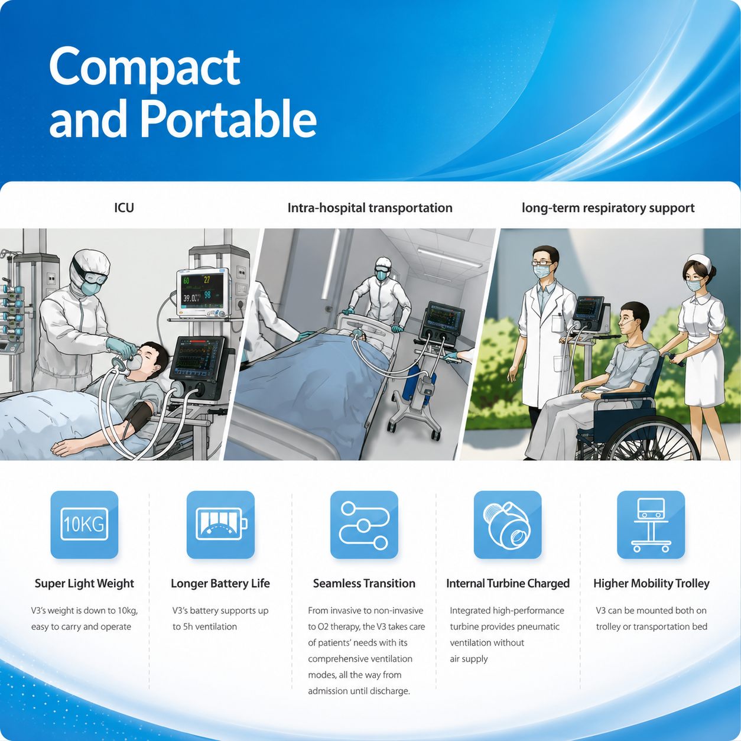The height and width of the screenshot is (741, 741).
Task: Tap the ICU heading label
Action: coord(124,207)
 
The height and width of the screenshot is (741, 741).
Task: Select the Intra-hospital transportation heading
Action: coord(370,208)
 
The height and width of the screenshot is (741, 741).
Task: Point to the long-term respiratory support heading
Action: coord(608,208)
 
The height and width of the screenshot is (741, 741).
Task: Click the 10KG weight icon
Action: coord(84,525)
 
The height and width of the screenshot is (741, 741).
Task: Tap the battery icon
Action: coord(221,525)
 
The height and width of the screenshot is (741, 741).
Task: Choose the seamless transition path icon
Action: coord(364,525)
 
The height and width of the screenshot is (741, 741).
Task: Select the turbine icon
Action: coord(508,525)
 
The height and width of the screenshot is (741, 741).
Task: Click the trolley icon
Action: coord(651,525)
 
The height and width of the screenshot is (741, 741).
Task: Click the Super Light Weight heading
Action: coord(84,583)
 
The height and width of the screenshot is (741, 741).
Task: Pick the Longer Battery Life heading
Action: coord(220,583)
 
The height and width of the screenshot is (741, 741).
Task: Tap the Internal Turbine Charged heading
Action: coord(508,583)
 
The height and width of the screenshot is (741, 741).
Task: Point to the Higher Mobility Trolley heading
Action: coord(651,583)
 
